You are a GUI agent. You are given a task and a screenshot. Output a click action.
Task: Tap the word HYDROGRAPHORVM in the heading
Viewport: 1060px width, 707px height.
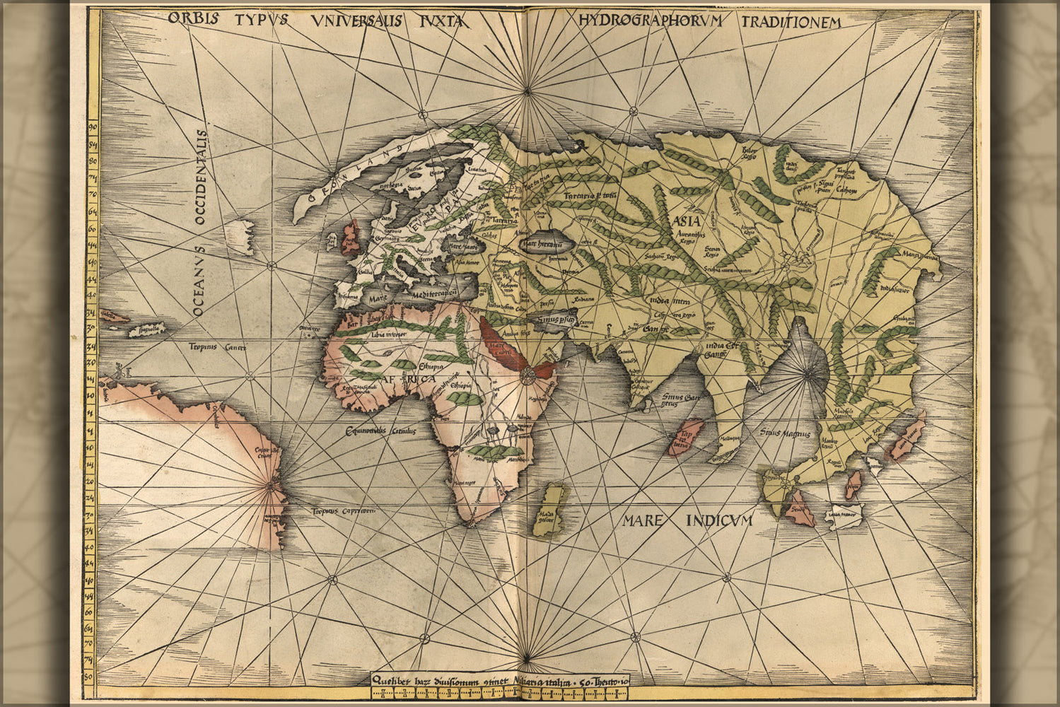click(651, 21)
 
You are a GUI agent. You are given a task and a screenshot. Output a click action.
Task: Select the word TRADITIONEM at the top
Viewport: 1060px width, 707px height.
click(792, 23)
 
